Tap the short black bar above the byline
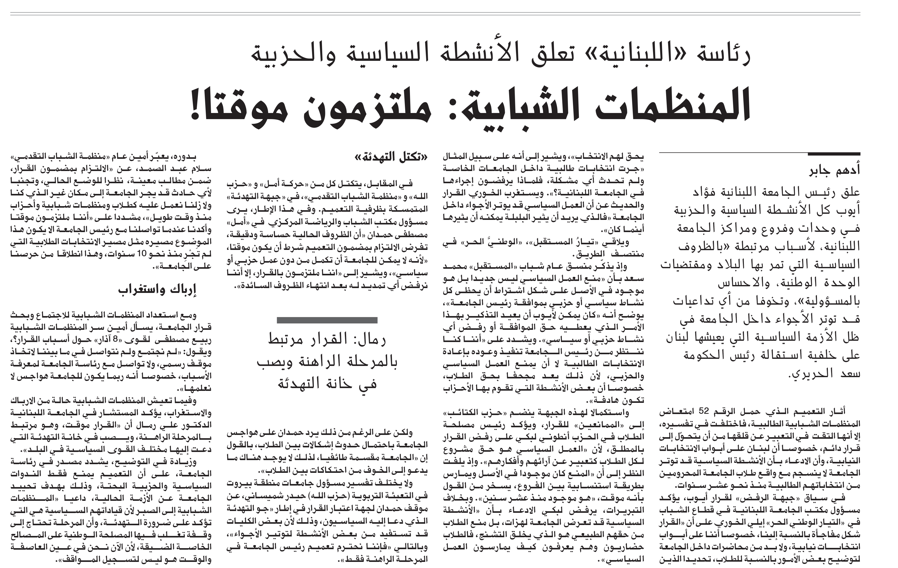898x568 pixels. pos(834,154)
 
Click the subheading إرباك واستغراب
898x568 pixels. pos(157,290)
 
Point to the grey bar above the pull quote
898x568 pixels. pos(327,320)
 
